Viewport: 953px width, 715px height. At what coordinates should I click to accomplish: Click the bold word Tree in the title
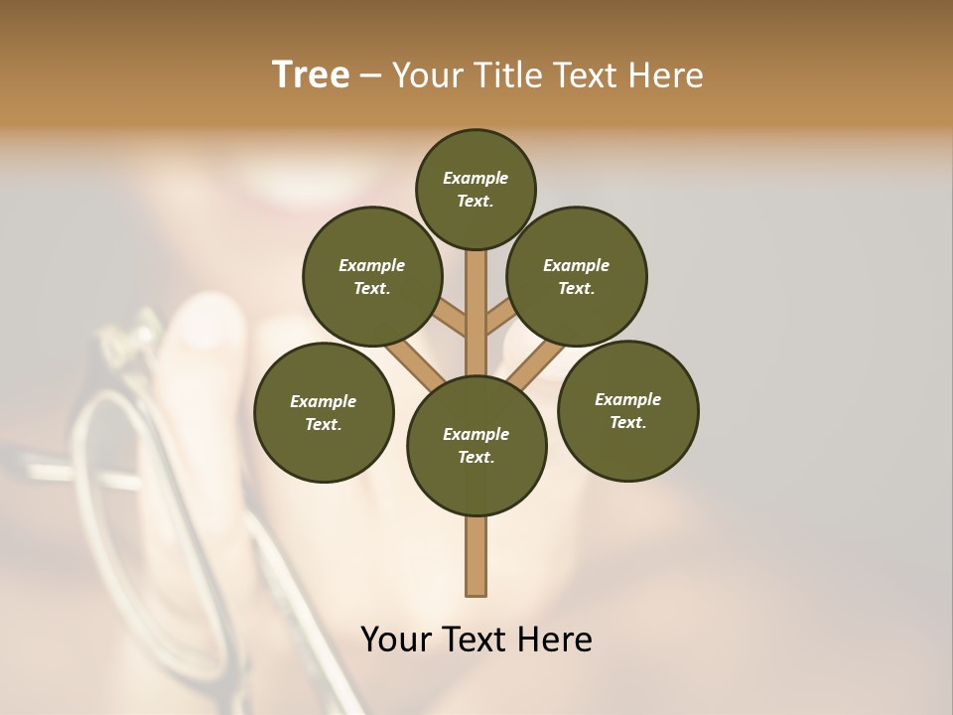(x=311, y=75)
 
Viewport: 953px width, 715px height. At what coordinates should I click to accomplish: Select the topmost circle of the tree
(x=476, y=189)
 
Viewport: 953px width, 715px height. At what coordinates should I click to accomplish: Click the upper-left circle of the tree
(x=372, y=276)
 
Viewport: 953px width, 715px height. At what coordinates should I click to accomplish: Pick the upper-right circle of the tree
(x=577, y=276)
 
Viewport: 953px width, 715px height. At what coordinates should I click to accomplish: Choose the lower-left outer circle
(x=324, y=412)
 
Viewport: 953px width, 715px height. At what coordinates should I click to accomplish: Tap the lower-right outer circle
(x=627, y=410)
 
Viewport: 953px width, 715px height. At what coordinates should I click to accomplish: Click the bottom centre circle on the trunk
(x=476, y=446)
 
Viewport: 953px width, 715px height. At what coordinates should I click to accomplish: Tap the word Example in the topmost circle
(x=476, y=178)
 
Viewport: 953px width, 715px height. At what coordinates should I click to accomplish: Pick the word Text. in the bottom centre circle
(x=476, y=458)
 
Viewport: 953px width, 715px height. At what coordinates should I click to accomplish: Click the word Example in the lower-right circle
(x=627, y=399)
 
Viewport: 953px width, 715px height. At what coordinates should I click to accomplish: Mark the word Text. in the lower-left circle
(x=324, y=424)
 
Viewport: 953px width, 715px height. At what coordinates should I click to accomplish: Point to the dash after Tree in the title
(x=371, y=76)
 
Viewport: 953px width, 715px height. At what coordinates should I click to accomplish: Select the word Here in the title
(x=667, y=75)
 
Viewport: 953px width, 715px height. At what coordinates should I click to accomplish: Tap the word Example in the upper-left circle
(x=372, y=265)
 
